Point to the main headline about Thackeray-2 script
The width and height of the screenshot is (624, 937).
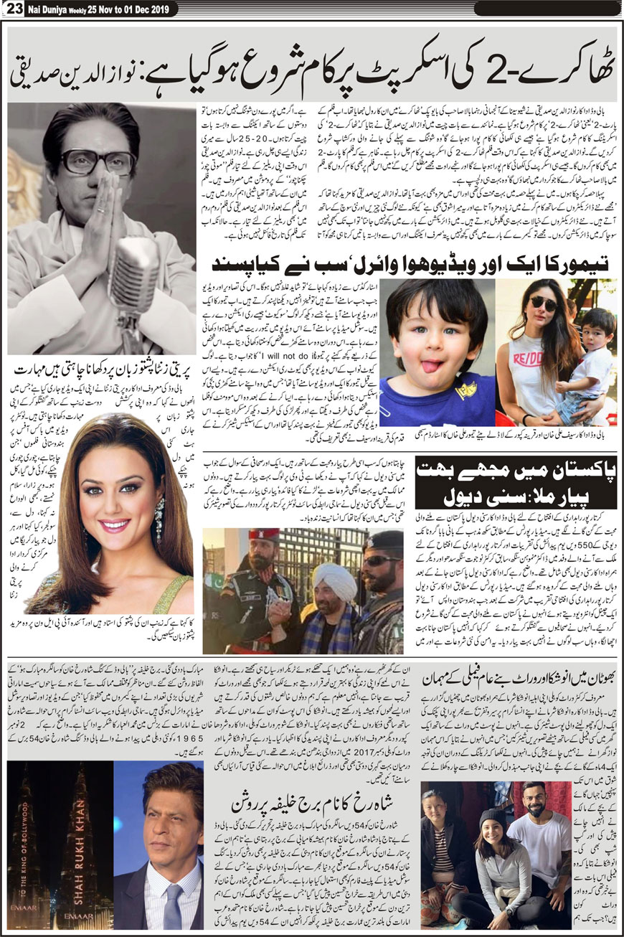[311, 72]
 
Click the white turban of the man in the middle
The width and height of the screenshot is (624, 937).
[335, 580]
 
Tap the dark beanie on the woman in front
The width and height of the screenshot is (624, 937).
[491, 819]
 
